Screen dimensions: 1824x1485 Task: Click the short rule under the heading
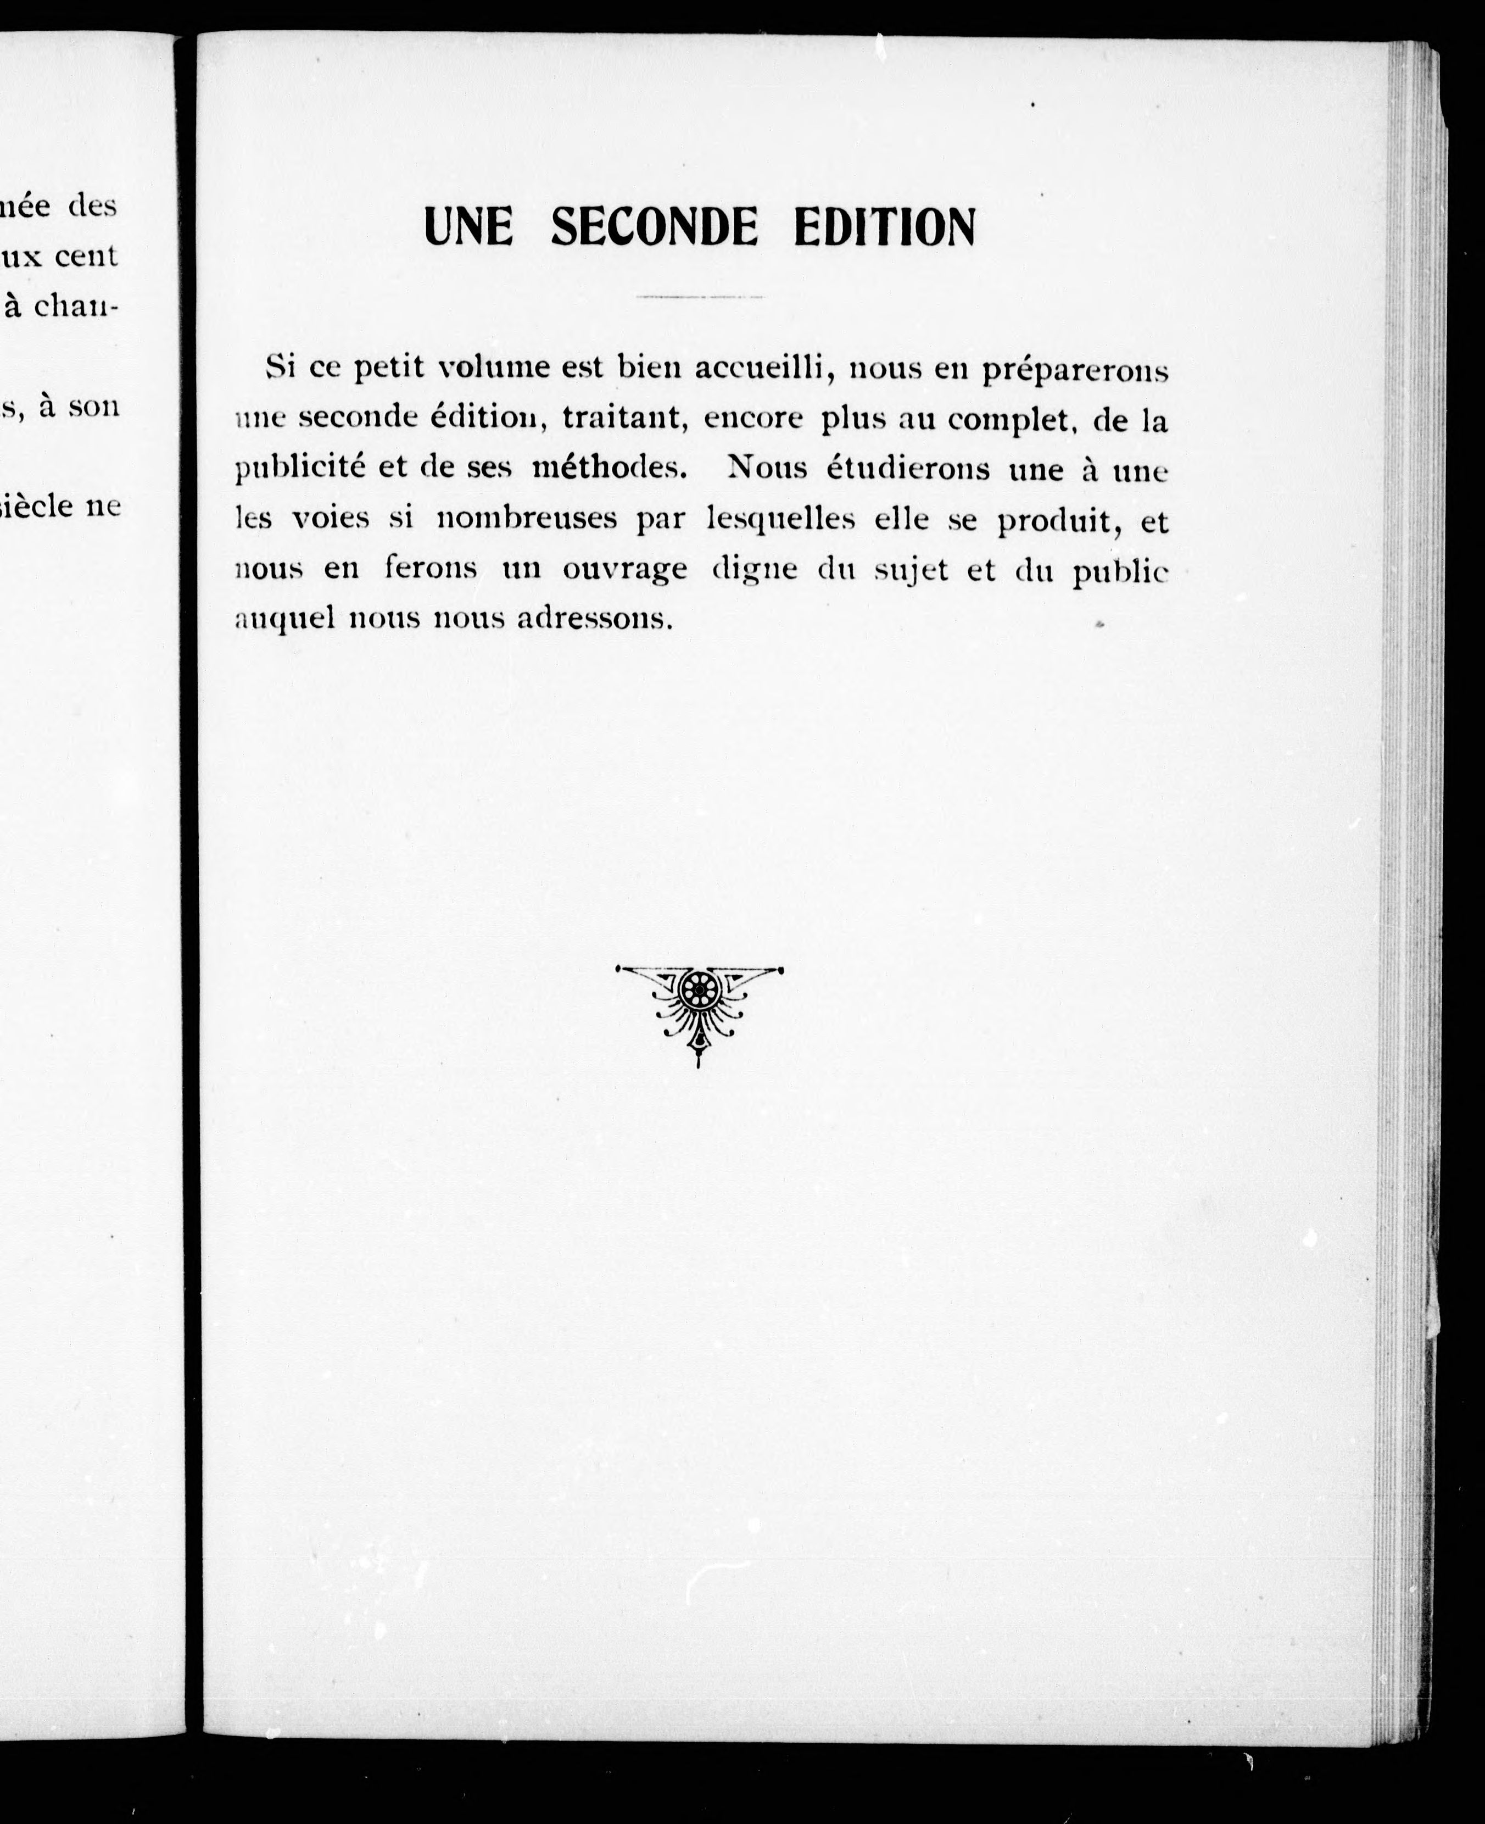(x=699, y=297)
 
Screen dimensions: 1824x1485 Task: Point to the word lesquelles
(x=780, y=520)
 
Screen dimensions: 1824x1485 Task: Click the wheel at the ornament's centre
(x=699, y=990)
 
